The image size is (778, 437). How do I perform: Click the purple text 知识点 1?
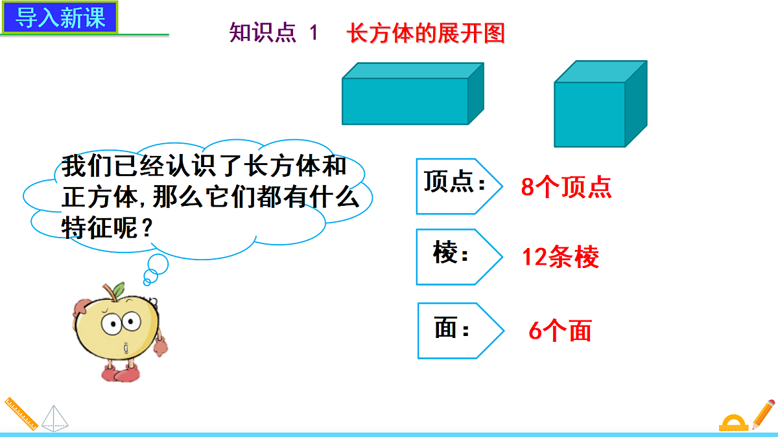tap(274, 33)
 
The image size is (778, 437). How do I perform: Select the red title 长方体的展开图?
tap(426, 33)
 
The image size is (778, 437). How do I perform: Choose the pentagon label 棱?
tap(454, 257)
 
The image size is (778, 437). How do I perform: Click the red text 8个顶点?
tap(566, 188)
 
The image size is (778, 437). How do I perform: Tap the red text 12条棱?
tap(561, 258)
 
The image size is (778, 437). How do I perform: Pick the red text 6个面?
tap(560, 331)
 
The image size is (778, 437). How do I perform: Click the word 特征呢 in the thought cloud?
tap(100, 228)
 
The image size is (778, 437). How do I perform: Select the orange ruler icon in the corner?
tap(20, 413)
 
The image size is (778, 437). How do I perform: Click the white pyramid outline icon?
tap(54, 418)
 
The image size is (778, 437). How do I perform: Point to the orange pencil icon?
tap(762, 412)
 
